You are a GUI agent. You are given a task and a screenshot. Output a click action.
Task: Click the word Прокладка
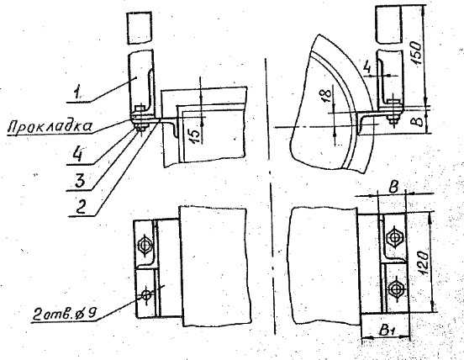50,126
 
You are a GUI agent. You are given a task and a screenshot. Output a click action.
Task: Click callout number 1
78,93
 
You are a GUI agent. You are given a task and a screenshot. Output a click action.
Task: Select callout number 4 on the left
78,154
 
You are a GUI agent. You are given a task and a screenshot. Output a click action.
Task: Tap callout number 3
80,180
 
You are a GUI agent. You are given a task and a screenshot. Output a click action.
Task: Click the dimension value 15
195,137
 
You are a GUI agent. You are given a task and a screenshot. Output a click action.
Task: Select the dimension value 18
326,95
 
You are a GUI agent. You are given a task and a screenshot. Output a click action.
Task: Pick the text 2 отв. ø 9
64,314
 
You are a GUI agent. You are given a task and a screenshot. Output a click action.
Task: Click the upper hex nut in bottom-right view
394,237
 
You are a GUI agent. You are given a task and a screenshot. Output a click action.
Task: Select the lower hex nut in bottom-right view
395,288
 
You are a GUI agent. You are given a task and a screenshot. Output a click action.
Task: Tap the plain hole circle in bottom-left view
146,294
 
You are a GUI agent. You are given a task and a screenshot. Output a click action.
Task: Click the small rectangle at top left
139,28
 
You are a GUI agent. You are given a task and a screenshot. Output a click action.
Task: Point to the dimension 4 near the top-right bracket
367,68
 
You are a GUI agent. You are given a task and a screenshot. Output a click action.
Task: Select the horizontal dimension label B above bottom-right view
393,188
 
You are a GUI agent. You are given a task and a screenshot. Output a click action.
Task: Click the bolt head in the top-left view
139,107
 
